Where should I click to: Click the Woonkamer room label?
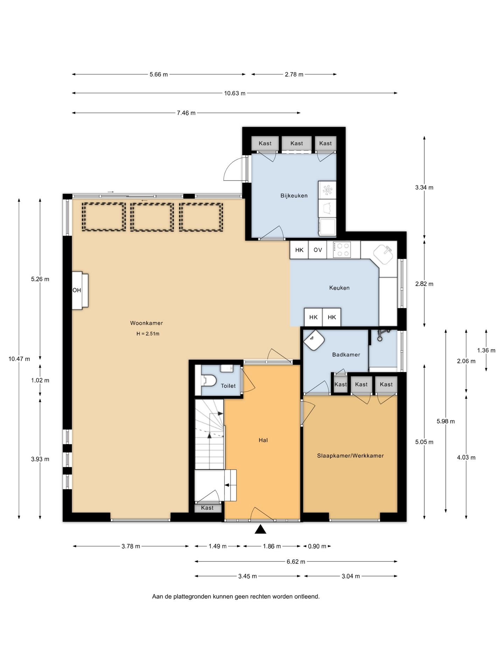coord(146,323)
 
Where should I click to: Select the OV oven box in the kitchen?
coord(317,250)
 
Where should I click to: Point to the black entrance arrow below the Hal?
coord(260,529)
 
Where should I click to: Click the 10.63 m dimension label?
coord(234,93)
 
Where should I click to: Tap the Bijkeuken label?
coord(294,196)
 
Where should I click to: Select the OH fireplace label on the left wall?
coord(77,290)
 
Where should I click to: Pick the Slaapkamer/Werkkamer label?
coord(350,456)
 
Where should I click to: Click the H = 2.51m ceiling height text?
coord(148,334)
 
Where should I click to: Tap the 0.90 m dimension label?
coord(317,546)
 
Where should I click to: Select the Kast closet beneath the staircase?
coord(207,508)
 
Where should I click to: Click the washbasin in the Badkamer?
coord(314,339)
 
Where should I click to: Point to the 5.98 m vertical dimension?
coord(446,421)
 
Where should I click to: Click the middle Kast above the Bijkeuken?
coord(296,143)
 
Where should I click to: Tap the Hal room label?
coord(263,440)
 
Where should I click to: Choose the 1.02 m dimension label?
coord(40,380)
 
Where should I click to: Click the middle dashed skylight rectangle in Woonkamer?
coord(152,217)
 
